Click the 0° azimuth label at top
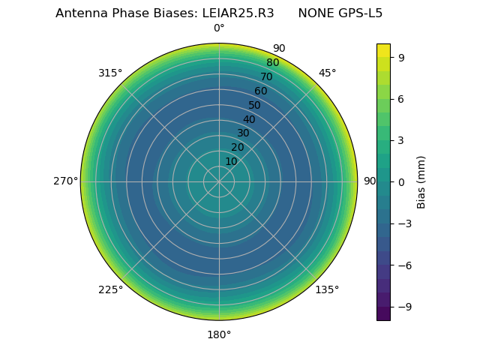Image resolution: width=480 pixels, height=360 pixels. click(219, 28)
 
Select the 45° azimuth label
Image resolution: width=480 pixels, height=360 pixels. click(327, 73)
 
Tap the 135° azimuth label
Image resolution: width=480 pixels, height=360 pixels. click(327, 289)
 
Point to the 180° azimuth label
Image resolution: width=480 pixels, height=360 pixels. click(219, 334)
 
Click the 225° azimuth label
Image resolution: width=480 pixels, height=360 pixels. click(110, 289)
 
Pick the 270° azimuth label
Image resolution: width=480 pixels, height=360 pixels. click(65, 181)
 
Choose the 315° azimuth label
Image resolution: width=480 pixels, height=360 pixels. click(110, 73)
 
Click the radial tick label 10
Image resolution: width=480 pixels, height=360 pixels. click(231, 161)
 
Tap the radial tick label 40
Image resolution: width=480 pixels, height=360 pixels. click(249, 119)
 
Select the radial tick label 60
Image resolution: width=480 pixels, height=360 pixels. click(260, 91)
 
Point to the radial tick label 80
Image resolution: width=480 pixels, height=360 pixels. click(272, 62)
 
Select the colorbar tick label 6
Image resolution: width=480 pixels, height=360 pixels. click(401, 98)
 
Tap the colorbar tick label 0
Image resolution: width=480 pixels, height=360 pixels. click(401, 181)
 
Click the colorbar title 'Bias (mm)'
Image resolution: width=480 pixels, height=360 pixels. click(421, 181)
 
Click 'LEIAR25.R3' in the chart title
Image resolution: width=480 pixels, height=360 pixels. click(238, 13)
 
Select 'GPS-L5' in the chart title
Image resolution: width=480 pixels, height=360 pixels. click(361, 13)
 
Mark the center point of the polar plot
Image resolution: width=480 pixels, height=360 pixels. click(219, 181)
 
